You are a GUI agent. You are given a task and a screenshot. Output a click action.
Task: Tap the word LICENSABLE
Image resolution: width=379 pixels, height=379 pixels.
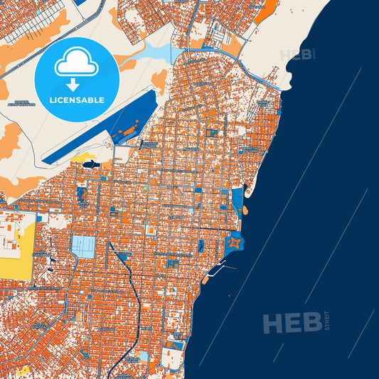tap(77, 100)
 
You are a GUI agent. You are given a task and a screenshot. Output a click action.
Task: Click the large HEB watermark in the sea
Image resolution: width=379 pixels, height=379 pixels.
tap(292, 324)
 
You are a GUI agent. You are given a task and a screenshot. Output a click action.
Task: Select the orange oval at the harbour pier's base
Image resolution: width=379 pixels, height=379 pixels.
tap(206, 279)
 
